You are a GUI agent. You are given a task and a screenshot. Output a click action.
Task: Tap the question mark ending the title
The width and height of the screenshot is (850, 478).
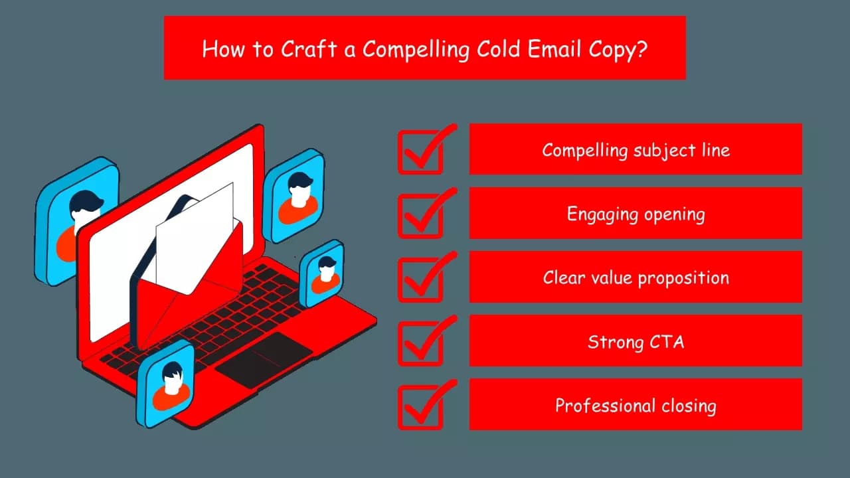coord(641,50)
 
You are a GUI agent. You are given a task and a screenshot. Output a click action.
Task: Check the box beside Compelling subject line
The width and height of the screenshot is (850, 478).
coord(420,151)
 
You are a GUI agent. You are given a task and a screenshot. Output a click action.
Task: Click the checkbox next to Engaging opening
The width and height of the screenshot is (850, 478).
coord(420,215)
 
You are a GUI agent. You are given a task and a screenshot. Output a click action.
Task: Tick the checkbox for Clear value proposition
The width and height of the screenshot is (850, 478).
coord(420,279)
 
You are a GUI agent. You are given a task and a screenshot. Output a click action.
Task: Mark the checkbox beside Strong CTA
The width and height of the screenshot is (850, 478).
coord(420,343)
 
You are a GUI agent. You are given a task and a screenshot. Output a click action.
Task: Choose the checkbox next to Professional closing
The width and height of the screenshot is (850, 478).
coord(420,406)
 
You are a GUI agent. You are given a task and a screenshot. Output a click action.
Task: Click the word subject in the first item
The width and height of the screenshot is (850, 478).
coord(665,151)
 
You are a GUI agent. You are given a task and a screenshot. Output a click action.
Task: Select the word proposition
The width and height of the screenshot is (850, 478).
coord(683,278)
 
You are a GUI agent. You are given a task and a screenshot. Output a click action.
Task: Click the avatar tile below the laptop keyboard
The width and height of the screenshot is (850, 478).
coord(165,385)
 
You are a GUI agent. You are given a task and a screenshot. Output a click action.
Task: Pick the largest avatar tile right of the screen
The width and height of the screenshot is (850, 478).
coord(294,196)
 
